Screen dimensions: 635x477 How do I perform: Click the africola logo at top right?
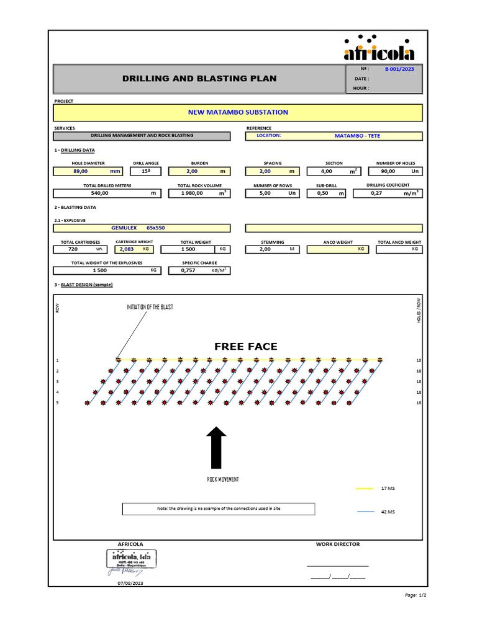[379, 48]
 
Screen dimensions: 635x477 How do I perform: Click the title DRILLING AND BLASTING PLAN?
[199, 79]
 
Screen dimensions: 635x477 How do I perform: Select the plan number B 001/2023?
[399, 69]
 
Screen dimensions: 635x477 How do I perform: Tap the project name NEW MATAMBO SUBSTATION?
[238, 112]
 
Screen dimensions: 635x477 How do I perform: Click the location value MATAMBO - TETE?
[357, 135]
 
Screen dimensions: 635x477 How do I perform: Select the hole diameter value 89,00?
[81, 171]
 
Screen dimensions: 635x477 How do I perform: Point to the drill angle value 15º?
[146, 171]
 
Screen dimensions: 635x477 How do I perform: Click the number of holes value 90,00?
[388, 171]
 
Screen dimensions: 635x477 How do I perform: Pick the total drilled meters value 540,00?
[99, 193]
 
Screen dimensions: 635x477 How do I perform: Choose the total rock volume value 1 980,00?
[193, 193]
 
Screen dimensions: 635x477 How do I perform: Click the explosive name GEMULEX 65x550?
[138, 228]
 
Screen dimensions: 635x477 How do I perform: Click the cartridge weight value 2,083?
[127, 249]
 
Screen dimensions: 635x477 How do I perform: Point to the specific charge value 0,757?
[188, 270]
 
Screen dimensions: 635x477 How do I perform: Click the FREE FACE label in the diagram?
[246, 346]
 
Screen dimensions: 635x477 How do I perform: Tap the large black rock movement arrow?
[216, 447]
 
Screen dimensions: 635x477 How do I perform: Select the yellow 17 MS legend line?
[365, 489]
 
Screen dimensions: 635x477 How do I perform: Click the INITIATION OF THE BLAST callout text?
[150, 307]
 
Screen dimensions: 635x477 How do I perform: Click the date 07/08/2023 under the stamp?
[130, 584]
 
